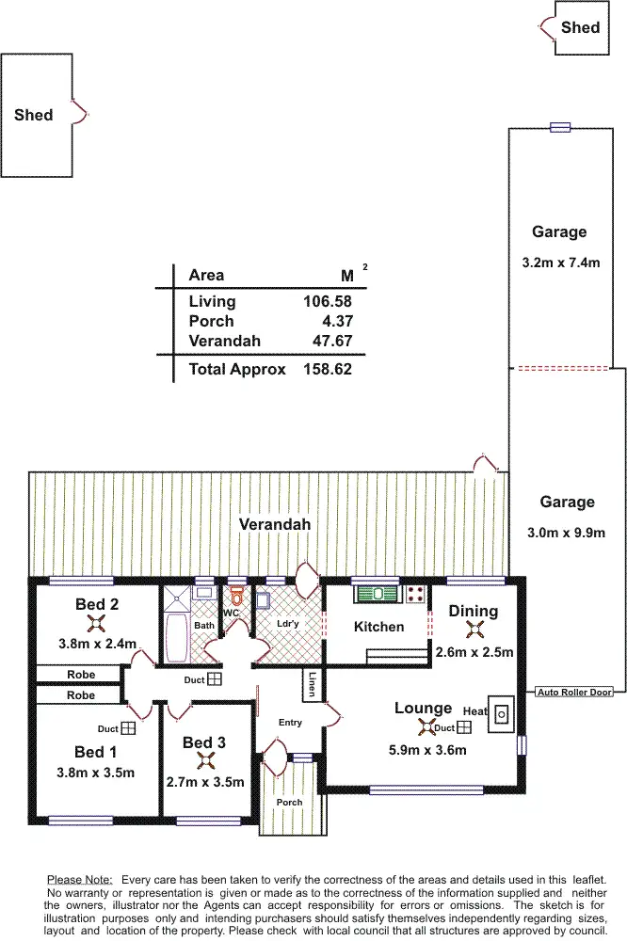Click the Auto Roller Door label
point(574,693)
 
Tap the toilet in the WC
point(236,595)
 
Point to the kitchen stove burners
point(415,594)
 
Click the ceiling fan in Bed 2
point(95,623)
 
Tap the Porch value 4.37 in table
point(336,321)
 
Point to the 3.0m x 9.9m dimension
point(567,533)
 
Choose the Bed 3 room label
point(203,743)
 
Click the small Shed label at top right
point(580,27)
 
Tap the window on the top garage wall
point(560,127)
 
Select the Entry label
point(290,723)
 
